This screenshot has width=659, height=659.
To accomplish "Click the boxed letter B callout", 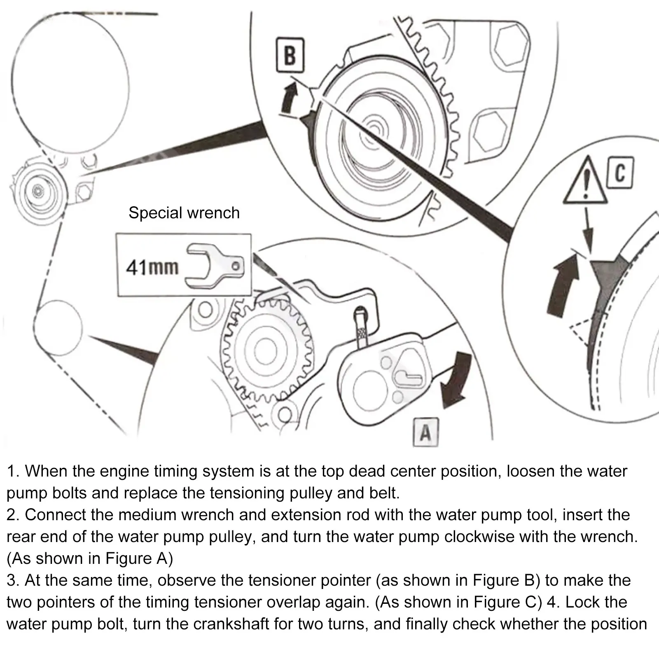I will (x=290, y=55).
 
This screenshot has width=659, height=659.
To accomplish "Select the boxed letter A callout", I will (x=425, y=432).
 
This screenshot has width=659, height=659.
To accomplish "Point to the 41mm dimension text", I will (x=152, y=268).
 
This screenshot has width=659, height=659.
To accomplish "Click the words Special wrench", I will (x=184, y=213).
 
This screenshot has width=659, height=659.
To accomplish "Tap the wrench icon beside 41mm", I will (x=214, y=266).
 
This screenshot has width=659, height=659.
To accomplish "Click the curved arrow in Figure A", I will (x=455, y=379).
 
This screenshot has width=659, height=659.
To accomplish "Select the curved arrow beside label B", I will (x=290, y=98).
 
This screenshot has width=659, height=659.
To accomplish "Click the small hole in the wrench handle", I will (x=236, y=266).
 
